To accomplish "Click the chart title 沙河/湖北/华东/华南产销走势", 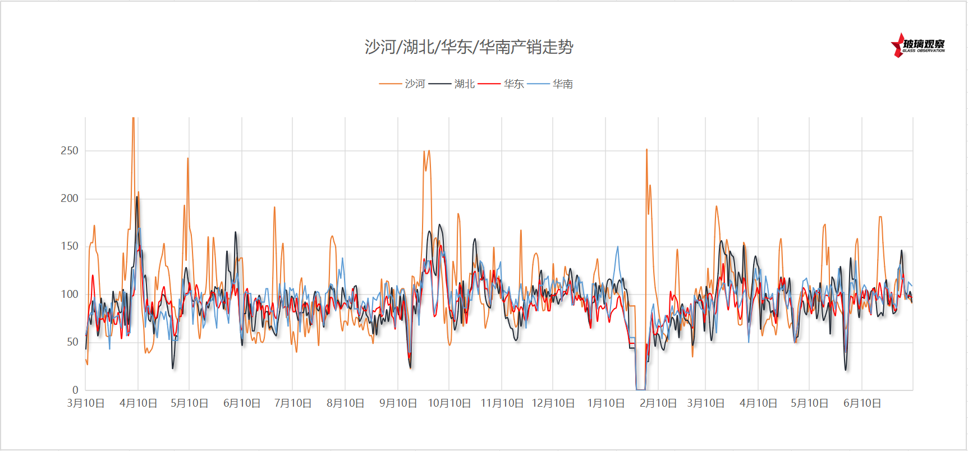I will pyautogui.click(x=469, y=47).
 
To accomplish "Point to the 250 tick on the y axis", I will pyautogui.click(x=70, y=150).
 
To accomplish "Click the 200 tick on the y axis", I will pyautogui.click(x=70, y=198).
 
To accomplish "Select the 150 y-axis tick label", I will pyautogui.click(x=70, y=246).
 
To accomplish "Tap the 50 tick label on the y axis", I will pyautogui.click(x=72, y=342).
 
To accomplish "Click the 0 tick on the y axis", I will pyautogui.click(x=75, y=389).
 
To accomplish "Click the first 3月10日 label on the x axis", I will pyautogui.click(x=85, y=403).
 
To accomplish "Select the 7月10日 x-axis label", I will pyautogui.click(x=292, y=403).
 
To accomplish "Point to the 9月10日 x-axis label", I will pyautogui.click(x=398, y=403).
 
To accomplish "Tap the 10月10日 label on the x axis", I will pyautogui.click(x=449, y=403).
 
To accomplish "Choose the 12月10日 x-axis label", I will pyautogui.click(x=553, y=403).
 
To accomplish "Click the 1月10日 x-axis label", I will pyautogui.click(x=605, y=403).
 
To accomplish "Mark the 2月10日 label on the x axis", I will pyautogui.click(x=658, y=403).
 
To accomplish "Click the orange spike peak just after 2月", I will pyautogui.click(x=646, y=150).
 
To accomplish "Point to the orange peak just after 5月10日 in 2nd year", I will pyautogui.click(x=824, y=225).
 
